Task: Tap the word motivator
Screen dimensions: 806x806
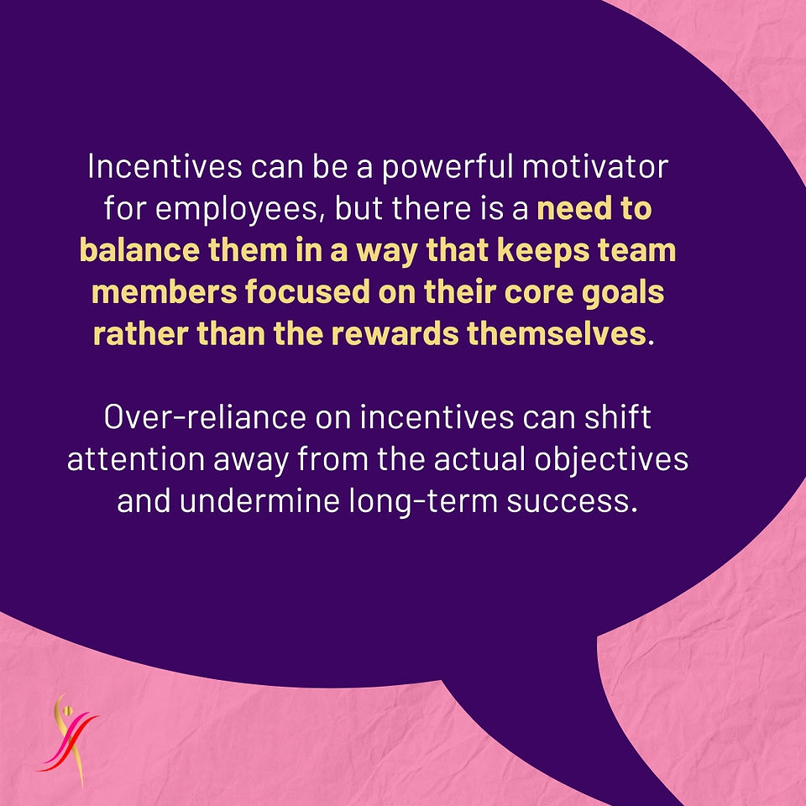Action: [595, 167]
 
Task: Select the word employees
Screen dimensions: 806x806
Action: [240, 210]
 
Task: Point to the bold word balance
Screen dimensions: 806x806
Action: [139, 250]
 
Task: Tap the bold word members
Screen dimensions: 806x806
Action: [164, 292]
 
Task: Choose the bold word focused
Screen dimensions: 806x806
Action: [307, 292]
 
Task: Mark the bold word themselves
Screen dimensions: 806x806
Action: [556, 333]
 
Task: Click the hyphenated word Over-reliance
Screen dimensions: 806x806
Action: [205, 417]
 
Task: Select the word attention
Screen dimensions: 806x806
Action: [136, 459]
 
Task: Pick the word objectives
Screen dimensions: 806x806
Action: [611, 460]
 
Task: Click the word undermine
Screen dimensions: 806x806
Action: [259, 500]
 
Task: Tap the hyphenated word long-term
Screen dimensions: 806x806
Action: [423, 501]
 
